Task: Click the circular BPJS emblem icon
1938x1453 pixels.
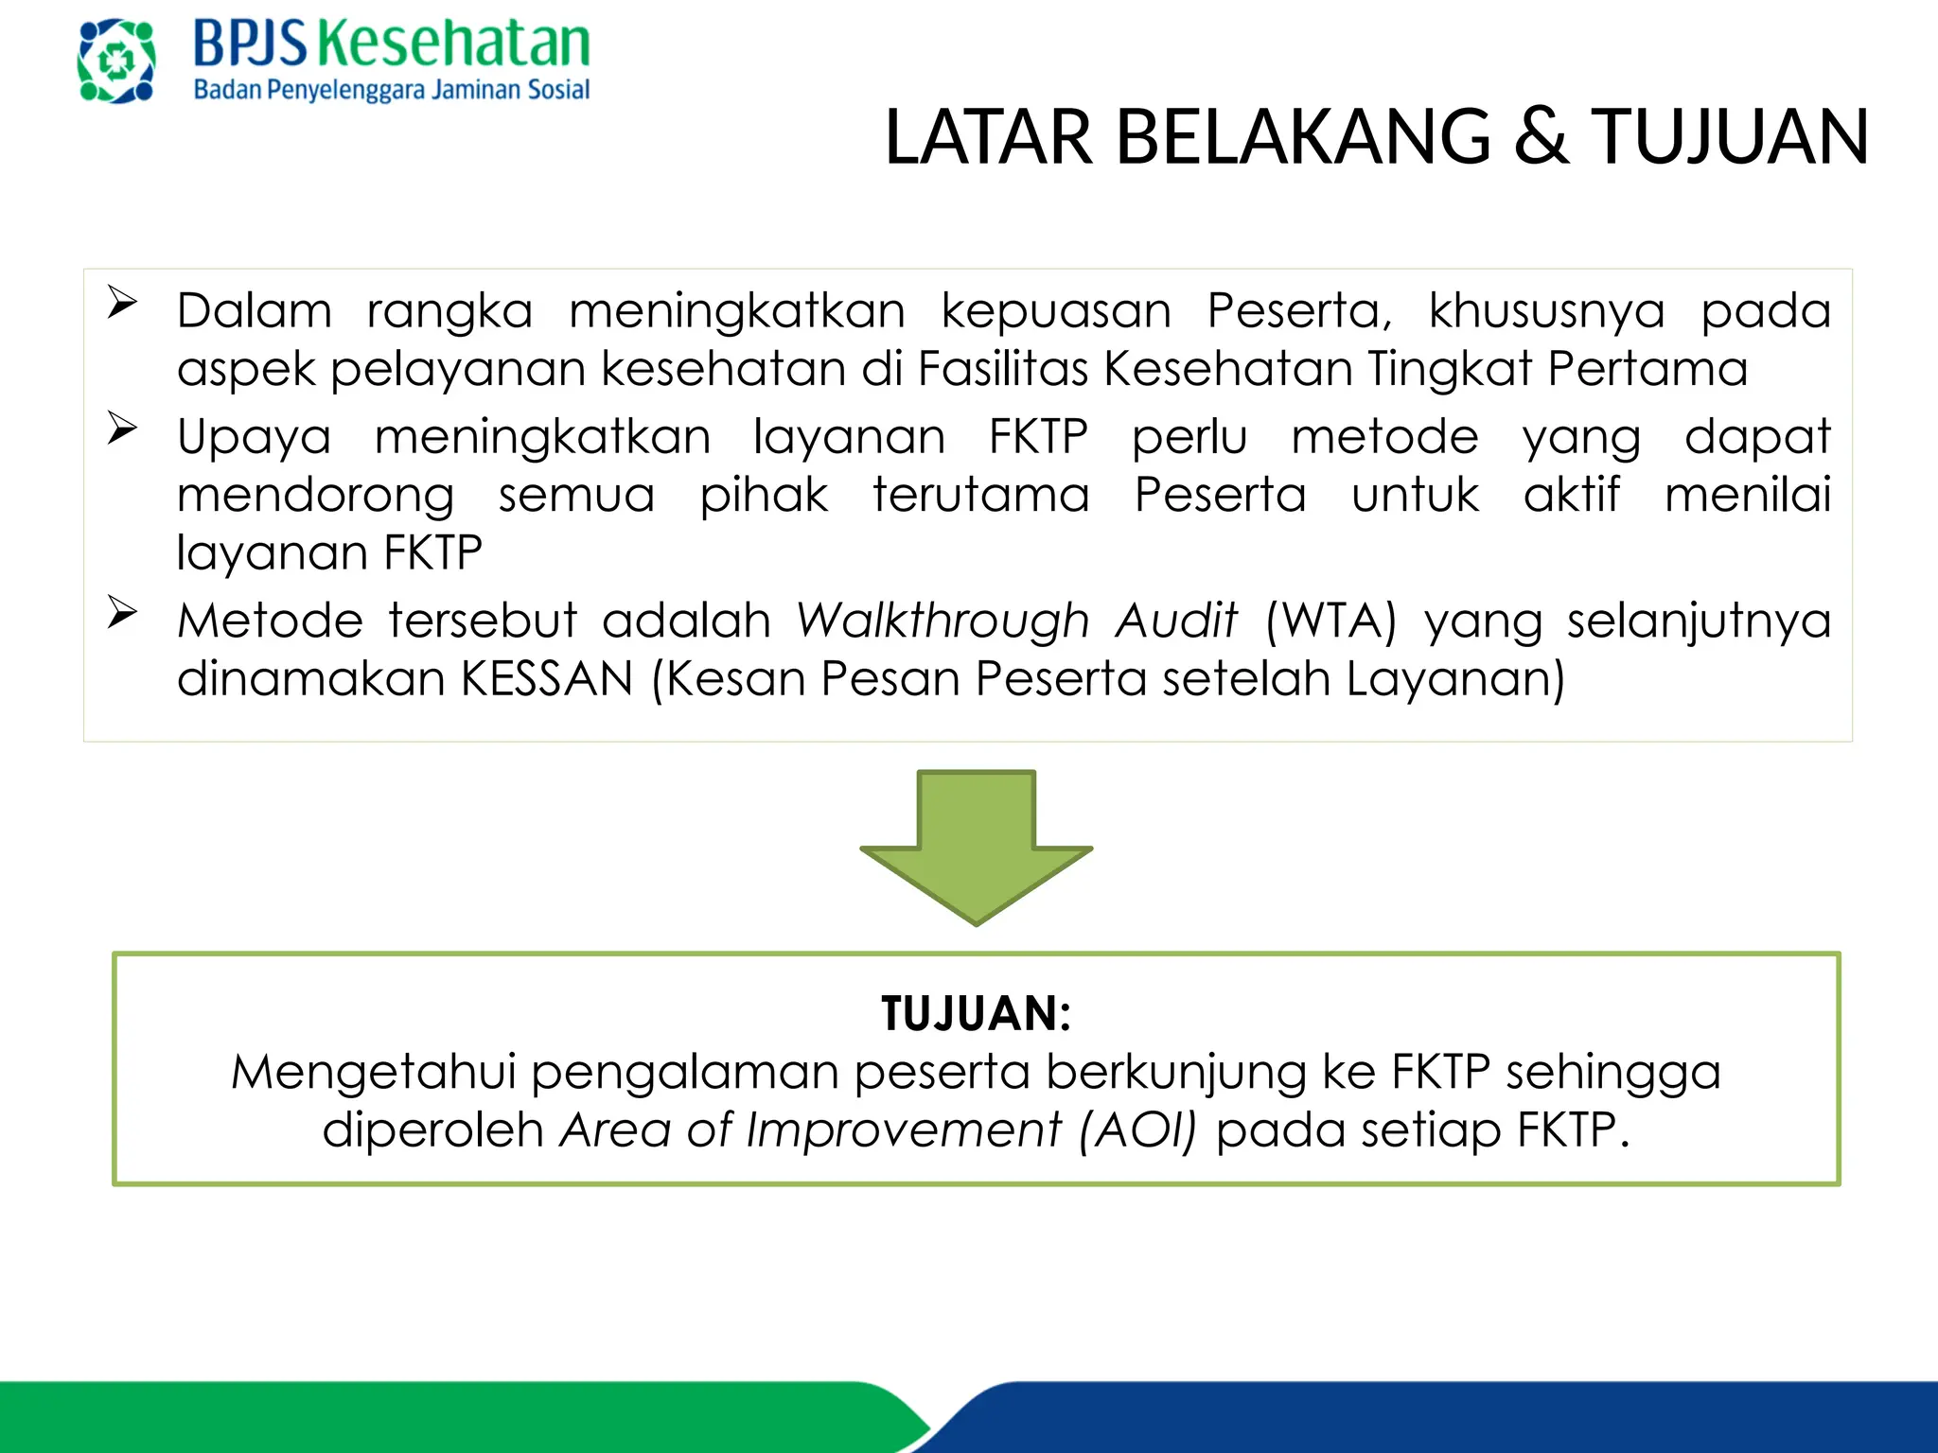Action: (116, 61)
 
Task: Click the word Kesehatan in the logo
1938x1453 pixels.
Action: (453, 44)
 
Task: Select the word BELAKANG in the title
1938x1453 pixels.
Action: (1303, 138)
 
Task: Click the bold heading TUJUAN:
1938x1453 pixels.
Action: (976, 1014)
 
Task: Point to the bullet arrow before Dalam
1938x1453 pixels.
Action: (122, 303)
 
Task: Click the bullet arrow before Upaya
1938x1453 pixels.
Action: (122, 429)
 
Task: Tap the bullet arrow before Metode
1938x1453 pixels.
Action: (122, 612)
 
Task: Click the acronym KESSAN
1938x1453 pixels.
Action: (547, 679)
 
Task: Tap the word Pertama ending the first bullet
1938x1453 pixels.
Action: (1647, 369)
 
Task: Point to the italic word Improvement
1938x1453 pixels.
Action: (904, 1130)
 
